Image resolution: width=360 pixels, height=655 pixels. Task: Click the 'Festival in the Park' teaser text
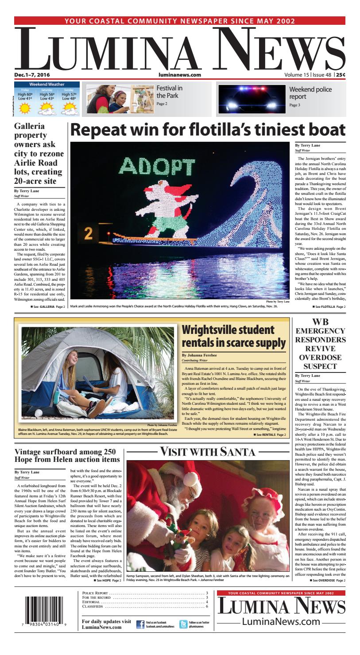(x=169, y=92)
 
